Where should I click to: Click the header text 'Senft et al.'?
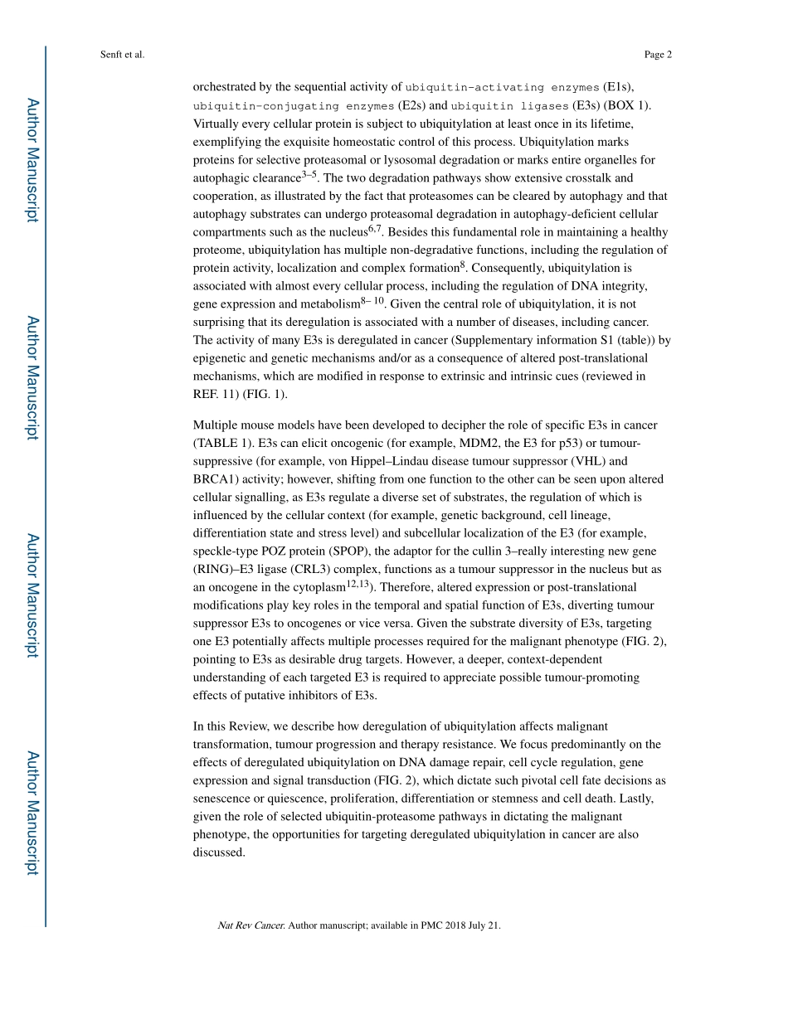[x=121, y=55]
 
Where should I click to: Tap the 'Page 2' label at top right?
[x=657, y=55]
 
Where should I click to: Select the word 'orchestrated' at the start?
[x=226, y=86]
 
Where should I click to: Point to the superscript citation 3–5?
[x=309, y=175]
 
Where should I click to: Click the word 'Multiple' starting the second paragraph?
[x=215, y=425]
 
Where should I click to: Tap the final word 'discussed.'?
[x=219, y=852]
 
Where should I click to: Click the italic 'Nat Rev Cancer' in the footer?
[x=251, y=925]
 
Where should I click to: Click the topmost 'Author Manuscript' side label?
[x=32, y=159]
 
